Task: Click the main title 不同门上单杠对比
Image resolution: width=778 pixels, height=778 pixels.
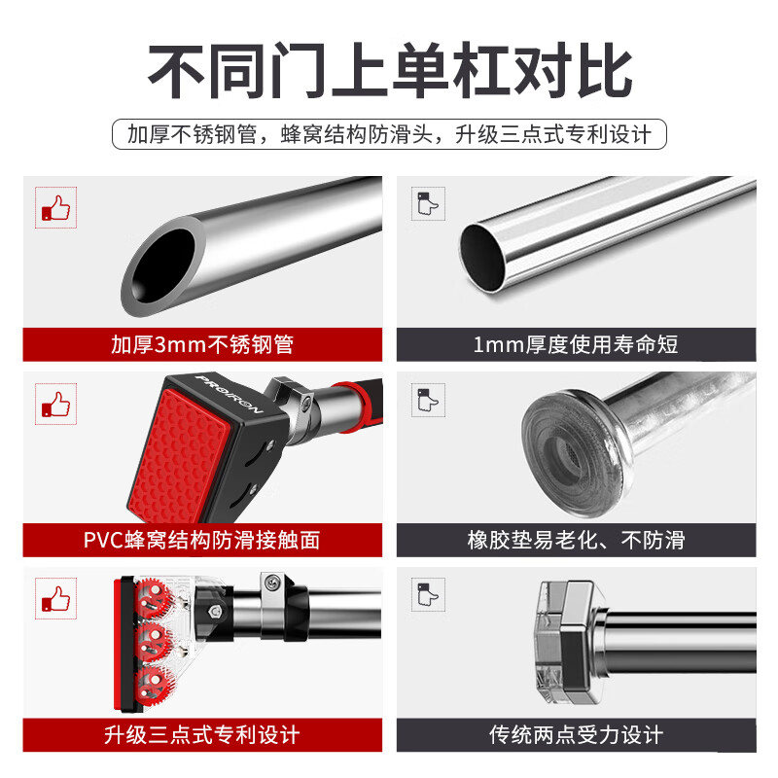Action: click(x=390, y=71)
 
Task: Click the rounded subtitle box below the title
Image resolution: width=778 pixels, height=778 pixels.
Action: click(x=390, y=134)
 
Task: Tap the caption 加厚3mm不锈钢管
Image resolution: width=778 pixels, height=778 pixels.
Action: click(x=202, y=344)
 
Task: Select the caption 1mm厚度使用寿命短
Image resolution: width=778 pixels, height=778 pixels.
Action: click(x=576, y=344)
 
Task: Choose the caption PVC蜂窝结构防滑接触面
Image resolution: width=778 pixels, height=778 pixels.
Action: click(x=202, y=540)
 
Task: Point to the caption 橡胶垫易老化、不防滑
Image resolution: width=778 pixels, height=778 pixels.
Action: click(x=576, y=540)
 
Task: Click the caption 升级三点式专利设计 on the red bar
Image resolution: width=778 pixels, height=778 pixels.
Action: click(x=202, y=735)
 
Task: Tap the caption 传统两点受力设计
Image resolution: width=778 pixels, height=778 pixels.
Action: click(x=576, y=735)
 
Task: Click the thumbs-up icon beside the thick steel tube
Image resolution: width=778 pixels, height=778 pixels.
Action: click(x=56, y=208)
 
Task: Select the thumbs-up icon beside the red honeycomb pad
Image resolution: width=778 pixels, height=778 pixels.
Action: click(x=56, y=404)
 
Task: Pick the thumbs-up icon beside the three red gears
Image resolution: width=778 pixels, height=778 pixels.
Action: click(x=56, y=598)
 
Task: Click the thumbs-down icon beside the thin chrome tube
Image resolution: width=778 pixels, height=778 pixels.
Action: click(x=428, y=203)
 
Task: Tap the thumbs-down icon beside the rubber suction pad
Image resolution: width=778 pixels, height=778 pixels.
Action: click(x=428, y=400)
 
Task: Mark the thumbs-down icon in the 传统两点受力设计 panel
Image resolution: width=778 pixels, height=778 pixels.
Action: click(x=428, y=594)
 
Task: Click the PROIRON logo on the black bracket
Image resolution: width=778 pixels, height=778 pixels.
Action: click(x=229, y=395)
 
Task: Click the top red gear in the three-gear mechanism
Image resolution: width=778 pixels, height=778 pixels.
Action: click(x=155, y=597)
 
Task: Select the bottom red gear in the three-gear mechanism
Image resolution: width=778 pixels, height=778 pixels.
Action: click(x=155, y=685)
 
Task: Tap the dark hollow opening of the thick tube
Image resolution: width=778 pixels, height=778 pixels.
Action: click(x=163, y=265)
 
